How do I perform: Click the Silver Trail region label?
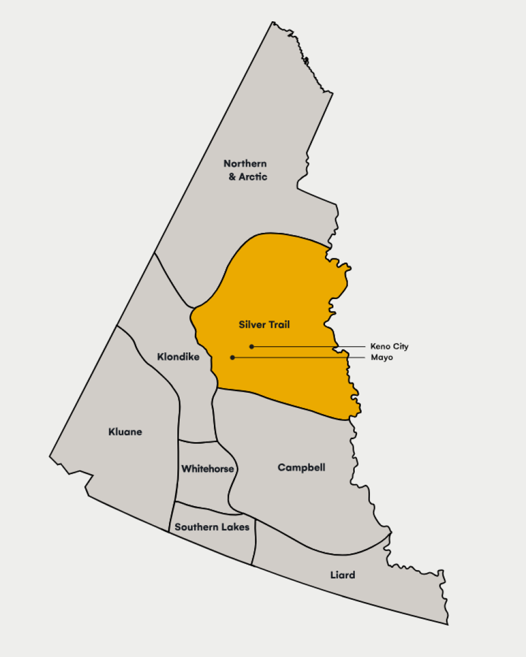[x=264, y=324]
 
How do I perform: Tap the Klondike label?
[x=178, y=356]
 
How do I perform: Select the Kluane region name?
[x=125, y=432]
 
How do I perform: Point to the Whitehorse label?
[x=207, y=468]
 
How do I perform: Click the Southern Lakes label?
[x=212, y=527]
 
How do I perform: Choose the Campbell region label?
[x=301, y=467]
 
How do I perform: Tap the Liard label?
[x=342, y=575]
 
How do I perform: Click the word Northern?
[x=245, y=163]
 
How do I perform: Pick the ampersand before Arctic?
[x=232, y=177]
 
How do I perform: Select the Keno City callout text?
[x=389, y=347]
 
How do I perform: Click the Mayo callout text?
[x=382, y=357]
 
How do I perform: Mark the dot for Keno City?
[x=252, y=346]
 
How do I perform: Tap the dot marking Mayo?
[x=232, y=357]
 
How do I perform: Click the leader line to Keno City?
[x=309, y=347]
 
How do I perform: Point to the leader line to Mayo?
[x=298, y=357]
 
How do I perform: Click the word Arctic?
[x=253, y=177]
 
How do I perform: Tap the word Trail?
[x=278, y=324]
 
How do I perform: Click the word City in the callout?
[x=400, y=347]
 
